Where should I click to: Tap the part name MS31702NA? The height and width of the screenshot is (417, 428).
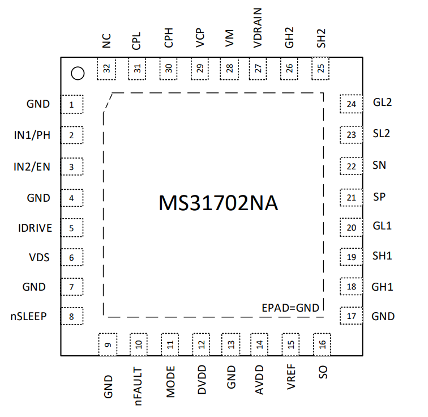tap(218, 203)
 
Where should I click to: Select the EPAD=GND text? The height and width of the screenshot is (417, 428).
tap(290, 308)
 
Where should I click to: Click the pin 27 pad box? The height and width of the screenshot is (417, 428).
tap(258, 69)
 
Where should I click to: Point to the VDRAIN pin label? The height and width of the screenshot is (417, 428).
tap(258, 28)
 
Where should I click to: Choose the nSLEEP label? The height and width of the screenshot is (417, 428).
tap(29, 316)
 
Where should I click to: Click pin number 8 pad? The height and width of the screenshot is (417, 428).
tap(72, 316)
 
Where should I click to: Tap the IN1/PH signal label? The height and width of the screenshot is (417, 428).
tap(32, 135)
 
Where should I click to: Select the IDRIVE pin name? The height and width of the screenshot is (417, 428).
tap(35, 228)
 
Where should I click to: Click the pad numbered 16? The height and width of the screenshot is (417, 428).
tap(322, 344)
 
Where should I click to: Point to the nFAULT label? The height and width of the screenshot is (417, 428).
tap(138, 386)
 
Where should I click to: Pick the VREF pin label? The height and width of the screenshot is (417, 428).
tap(291, 377)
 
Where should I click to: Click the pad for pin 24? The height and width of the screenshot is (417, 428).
tap(352, 104)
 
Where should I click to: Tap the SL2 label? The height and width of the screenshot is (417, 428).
tap(382, 134)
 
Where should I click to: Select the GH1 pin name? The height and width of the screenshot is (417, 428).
tap(382, 287)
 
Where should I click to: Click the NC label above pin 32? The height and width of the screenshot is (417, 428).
tap(106, 41)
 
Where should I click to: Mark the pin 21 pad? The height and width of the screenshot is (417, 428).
tap(352, 197)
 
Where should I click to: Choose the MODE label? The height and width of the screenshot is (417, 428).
tap(170, 382)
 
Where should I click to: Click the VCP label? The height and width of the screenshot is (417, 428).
tap(200, 38)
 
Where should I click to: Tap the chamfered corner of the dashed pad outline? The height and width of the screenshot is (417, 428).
tap(108, 103)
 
